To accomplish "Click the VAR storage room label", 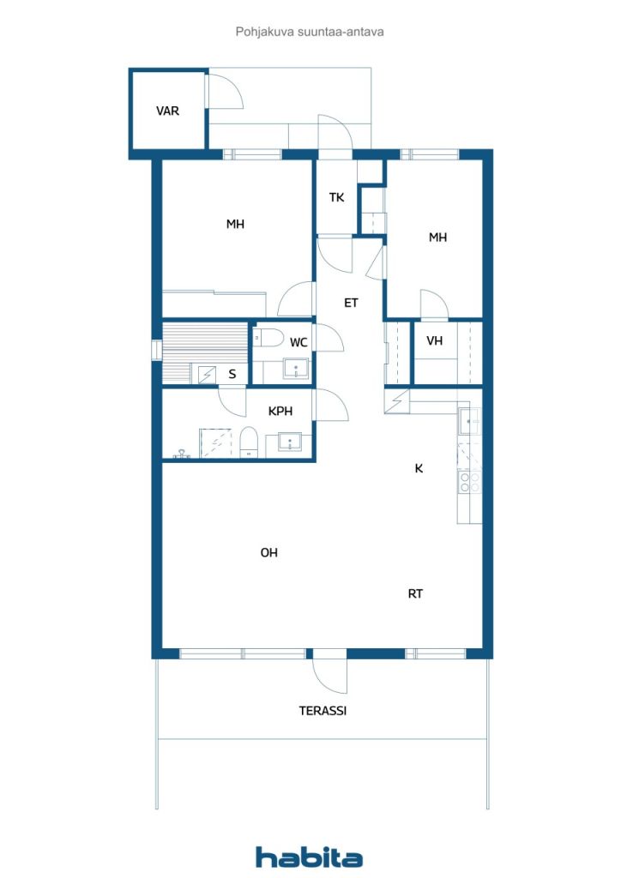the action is [x=168, y=111].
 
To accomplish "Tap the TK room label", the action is [x=336, y=197].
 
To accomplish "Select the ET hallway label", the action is [x=351, y=303].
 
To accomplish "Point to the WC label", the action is [x=298, y=342].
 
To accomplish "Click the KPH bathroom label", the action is [x=280, y=412].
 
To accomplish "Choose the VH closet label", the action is [x=435, y=340].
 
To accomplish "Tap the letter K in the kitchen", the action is [x=419, y=469].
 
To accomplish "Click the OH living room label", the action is [x=268, y=553].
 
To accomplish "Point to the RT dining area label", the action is [x=415, y=593].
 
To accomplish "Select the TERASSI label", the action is [x=323, y=711].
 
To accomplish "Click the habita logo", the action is [x=309, y=857].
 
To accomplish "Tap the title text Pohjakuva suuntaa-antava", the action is [x=310, y=32].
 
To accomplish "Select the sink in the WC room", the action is [x=296, y=369].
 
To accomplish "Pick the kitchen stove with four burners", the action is [x=470, y=483].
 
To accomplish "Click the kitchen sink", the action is [x=470, y=421].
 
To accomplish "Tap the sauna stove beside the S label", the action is [x=208, y=374].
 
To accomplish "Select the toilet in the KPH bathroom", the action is [x=249, y=442].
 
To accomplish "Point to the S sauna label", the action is [x=232, y=374].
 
